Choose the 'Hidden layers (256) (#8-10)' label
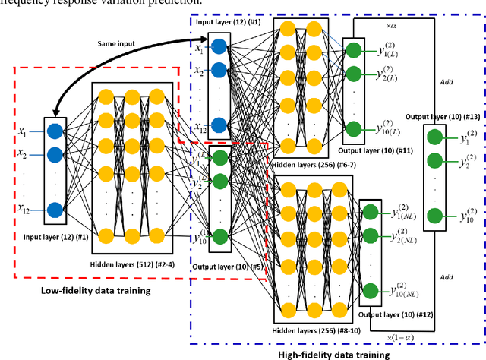[x=310, y=330]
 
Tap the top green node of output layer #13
[x=433, y=137]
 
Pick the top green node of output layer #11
[x=353, y=51]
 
